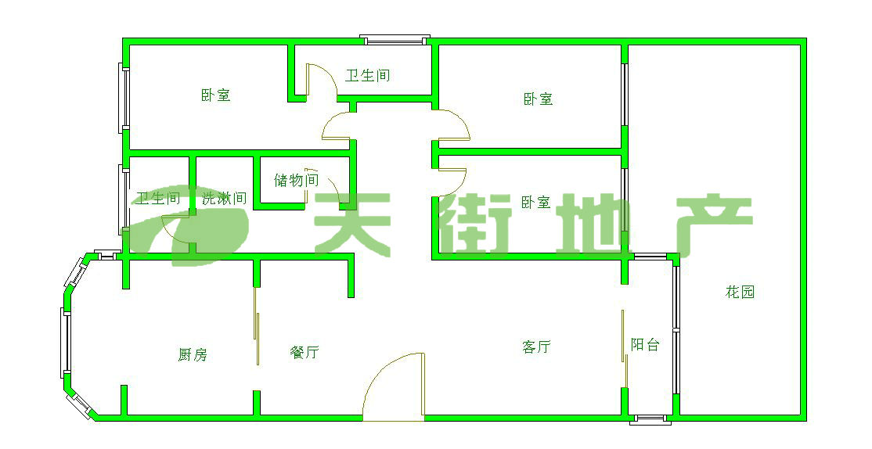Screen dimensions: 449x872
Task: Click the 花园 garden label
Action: click(x=740, y=293)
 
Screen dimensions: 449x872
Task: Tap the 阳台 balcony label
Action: click(x=645, y=345)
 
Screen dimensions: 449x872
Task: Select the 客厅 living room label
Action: click(x=536, y=347)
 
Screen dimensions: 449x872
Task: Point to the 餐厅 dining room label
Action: click(x=304, y=353)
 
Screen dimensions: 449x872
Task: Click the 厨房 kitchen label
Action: click(x=193, y=355)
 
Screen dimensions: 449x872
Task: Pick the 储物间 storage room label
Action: click(x=296, y=180)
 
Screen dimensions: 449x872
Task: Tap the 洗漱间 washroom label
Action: click(x=225, y=199)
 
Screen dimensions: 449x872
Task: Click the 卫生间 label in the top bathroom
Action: click(x=368, y=76)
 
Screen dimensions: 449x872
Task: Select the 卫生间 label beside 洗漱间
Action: click(x=158, y=199)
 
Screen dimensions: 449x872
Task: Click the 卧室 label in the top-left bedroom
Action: click(x=215, y=95)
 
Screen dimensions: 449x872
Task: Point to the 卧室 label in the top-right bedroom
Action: click(x=538, y=99)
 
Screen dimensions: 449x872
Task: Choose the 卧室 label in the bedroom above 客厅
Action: click(x=535, y=203)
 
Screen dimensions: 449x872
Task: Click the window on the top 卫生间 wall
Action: click(x=395, y=38)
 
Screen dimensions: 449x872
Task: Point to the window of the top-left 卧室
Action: click(x=123, y=96)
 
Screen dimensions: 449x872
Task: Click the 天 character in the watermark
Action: click(x=351, y=223)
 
